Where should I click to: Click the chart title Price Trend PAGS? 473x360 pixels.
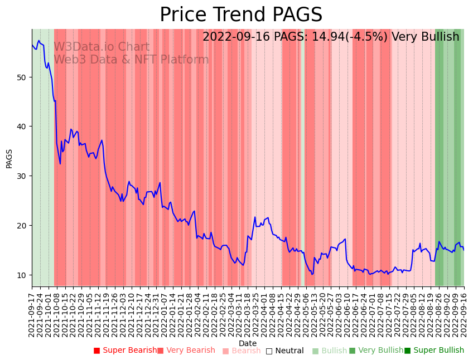[241, 15]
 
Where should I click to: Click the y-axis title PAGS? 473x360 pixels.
[9, 158]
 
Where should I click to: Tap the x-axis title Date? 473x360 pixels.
[248, 343]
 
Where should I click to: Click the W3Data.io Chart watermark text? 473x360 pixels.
[102, 47]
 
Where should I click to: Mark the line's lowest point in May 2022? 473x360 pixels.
[312, 274]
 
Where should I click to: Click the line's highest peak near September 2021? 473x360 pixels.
[38, 41]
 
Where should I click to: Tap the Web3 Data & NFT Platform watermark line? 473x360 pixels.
[131, 60]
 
